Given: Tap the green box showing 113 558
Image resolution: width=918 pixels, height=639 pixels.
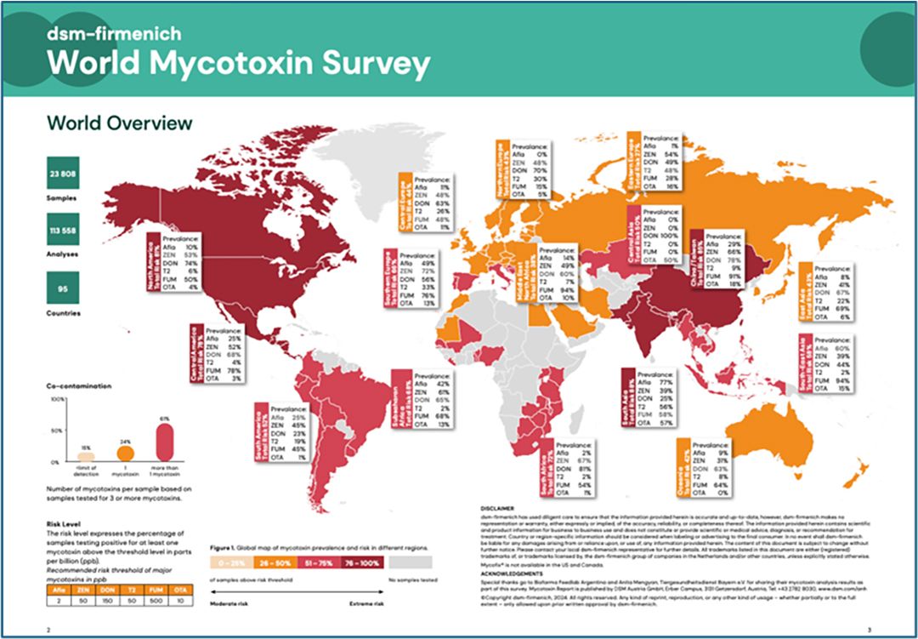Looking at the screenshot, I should pos(64,229).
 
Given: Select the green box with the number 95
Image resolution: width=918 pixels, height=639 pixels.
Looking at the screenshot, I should pos(64,288).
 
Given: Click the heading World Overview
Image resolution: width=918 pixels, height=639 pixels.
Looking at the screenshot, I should pos(120,123).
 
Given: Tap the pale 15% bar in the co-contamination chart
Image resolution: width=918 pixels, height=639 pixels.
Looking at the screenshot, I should pos(86,457).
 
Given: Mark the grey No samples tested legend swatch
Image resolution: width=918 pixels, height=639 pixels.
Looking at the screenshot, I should pos(410,562).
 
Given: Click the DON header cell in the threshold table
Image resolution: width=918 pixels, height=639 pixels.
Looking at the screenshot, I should pos(105,587).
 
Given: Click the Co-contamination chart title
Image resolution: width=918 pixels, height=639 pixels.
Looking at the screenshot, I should pos(78,387).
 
